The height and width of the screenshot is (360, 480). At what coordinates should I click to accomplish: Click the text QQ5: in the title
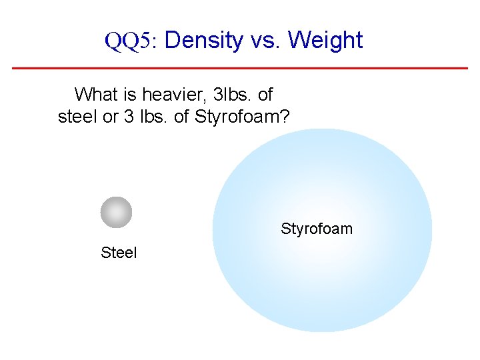click(x=129, y=41)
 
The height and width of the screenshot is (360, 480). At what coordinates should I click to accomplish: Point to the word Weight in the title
click(x=326, y=41)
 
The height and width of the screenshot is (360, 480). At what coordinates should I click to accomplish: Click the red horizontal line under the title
click(x=240, y=68)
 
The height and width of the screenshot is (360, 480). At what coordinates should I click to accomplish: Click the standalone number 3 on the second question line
click(x=129, y=117)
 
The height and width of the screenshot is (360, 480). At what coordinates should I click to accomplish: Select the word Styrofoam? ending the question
click(x=242, y=117)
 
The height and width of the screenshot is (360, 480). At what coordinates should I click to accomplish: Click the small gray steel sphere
click(x=116, y=212)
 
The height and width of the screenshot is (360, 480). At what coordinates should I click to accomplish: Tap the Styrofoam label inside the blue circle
click(x=317, y=229)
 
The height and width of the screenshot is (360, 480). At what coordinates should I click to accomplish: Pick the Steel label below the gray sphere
click(x=119, y=253)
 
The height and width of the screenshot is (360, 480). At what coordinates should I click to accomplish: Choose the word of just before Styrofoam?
click(x=181, y=117)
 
